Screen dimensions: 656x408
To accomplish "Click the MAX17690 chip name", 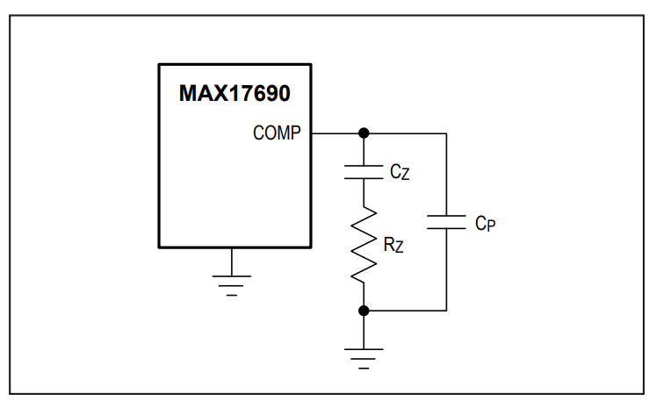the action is coord(234,93).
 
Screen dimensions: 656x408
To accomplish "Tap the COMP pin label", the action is coord(277,133).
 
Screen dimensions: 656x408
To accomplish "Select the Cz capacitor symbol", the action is coord(364,172).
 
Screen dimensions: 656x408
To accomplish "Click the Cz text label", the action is coord(400,172).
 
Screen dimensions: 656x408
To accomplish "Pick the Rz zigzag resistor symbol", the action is coord(364,245).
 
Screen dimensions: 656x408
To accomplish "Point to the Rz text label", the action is coord(393,245).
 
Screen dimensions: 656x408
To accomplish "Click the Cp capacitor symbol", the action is coord(446,222).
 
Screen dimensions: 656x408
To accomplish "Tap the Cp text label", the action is coord(486,223).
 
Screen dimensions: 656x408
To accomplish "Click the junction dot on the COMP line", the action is coord(364,133).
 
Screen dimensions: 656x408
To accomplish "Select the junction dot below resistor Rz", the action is coord(364,311).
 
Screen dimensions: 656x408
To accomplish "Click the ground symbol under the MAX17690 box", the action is coord(232,285).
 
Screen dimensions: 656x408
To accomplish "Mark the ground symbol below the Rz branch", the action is coord(364,359).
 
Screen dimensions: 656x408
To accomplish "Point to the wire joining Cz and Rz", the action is coord(364,193).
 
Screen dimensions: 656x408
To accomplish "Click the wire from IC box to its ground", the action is coord(232,262).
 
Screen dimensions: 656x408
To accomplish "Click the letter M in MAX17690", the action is coord(188,93).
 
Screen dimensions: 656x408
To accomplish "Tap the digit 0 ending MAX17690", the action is coord(284,93).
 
